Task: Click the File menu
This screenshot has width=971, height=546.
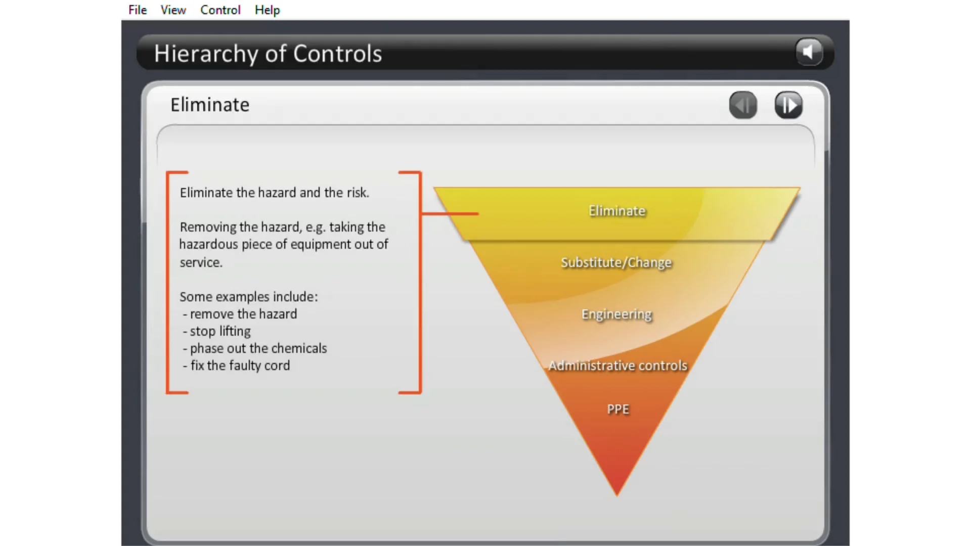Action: [138, 10]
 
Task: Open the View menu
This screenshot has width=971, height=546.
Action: [173, 10]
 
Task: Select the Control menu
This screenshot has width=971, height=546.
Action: [220, 10]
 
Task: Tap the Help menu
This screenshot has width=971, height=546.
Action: [267, 10]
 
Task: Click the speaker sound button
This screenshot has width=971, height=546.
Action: [809, 52]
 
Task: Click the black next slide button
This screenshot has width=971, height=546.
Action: [788, 105]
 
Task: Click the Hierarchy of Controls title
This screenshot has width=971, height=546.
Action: [268, 54]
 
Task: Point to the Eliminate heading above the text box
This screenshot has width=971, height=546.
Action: [210, 105]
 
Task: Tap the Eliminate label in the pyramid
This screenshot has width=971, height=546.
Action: [617, 211]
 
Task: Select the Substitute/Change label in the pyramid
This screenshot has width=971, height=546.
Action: [616, 262]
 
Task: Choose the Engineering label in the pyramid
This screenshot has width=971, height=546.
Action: [616, 314]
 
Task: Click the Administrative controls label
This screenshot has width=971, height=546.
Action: [618, 366]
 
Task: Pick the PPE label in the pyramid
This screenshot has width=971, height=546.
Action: [618, 409]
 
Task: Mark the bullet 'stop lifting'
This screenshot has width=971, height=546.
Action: [220, 331]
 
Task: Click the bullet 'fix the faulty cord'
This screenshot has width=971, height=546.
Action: [240, 366]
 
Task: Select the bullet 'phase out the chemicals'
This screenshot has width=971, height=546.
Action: [258, 348]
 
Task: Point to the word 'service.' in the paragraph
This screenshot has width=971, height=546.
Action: [201, 262]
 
